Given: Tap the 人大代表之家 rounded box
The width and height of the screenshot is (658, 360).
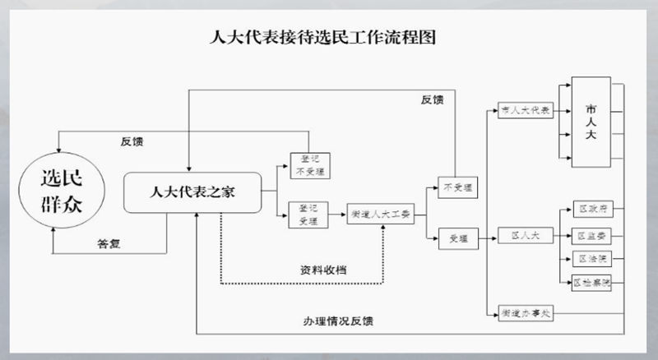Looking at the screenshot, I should [x=192, y=192].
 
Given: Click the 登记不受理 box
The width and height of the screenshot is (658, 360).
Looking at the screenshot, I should [x=309, y=167].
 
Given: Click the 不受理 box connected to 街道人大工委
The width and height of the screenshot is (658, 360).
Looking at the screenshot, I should [x=457, y=187].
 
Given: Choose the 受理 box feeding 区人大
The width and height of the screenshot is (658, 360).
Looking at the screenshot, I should [x=457, y=238].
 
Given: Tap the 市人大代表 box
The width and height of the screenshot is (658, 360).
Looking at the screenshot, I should [x=525, y=109].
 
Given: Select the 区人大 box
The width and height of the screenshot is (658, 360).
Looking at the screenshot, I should [x=525, y=237].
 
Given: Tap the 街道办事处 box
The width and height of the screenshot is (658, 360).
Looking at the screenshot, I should [x=525, y=313].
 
